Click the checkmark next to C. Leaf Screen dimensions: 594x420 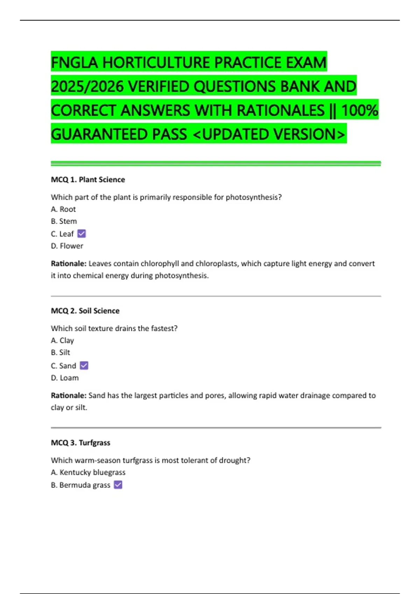point(82,233)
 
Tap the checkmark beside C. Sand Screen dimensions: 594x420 point(84,365)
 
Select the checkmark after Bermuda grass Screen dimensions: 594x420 point(118,485)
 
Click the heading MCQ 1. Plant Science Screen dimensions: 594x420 point(88,180)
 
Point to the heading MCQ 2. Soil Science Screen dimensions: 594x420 point(85,311)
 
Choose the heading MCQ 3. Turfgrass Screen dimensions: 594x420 point(80,443)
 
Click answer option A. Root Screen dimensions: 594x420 point(63,209)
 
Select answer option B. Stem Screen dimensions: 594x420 point(64,221)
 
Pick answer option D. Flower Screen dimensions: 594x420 point(67,246)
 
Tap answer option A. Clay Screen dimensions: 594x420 point(62,340)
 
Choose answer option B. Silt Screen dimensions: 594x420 point(61,352)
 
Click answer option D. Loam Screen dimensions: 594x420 point(65,378)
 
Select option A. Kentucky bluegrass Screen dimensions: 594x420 point(88,472)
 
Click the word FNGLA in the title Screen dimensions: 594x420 point(75,63)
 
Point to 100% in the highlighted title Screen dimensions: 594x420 point(359,110)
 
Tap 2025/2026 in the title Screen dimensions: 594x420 point(87,87)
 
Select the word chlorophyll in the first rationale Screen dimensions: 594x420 point(160,263)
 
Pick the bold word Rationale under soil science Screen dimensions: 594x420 point(69,396)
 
